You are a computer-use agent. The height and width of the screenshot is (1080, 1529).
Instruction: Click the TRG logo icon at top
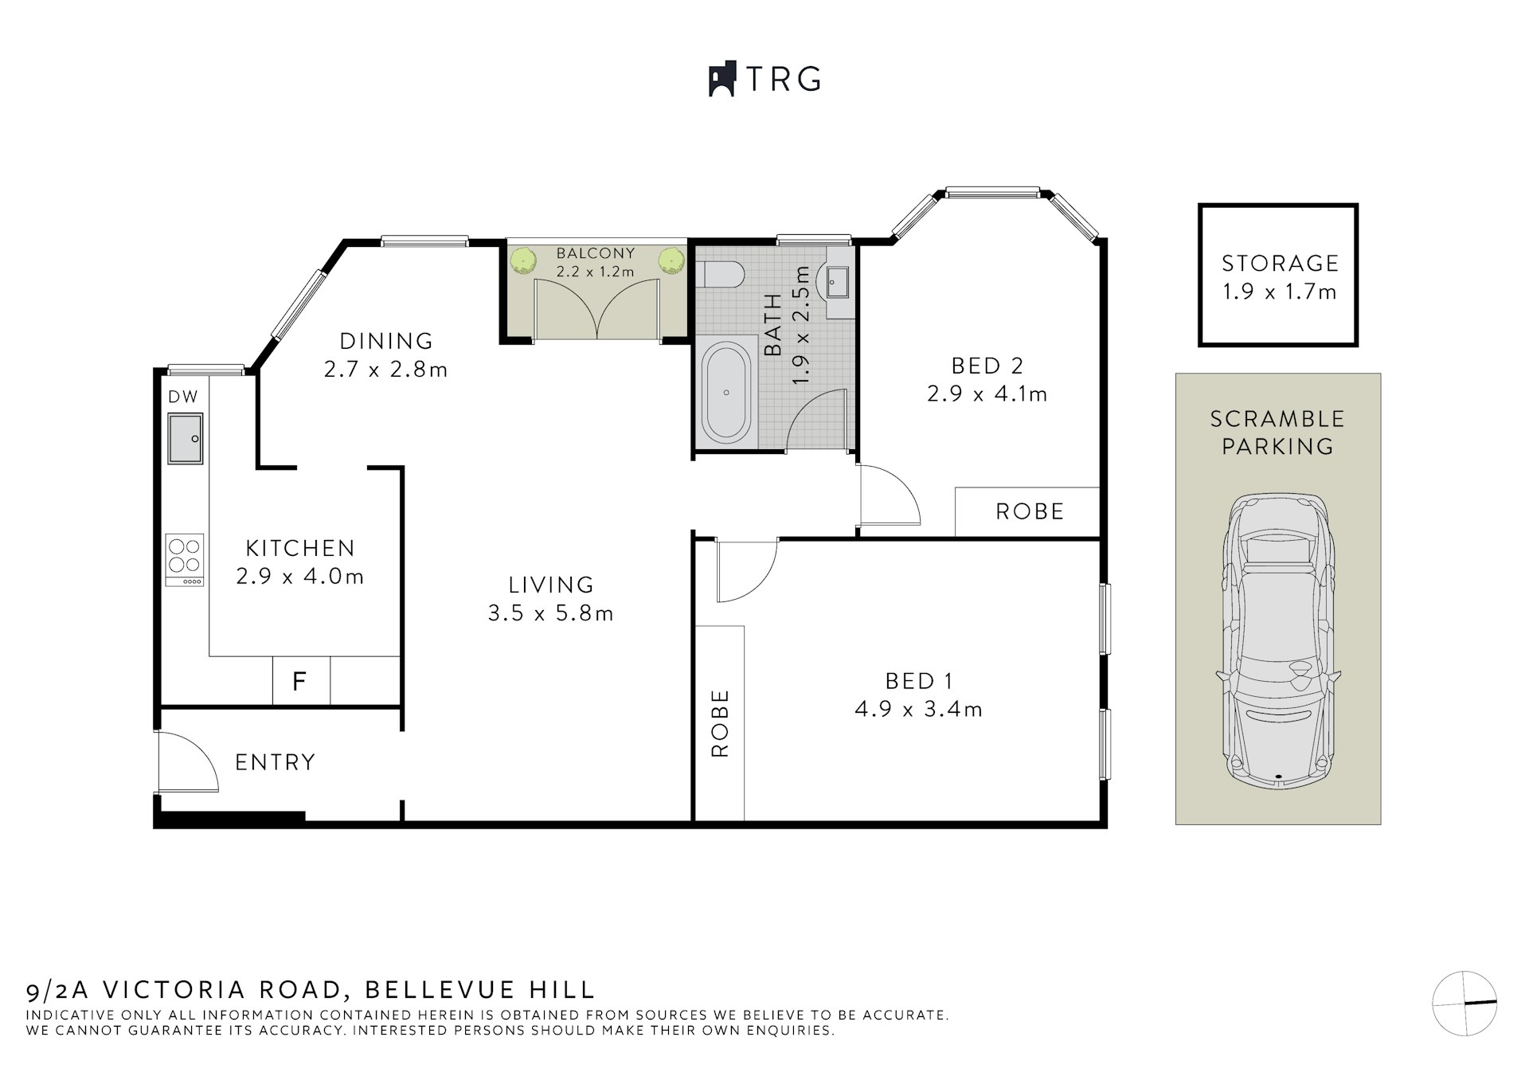(721, 80)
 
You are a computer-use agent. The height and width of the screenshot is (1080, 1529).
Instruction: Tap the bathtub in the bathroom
(725, 392)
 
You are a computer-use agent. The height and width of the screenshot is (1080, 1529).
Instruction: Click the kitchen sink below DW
(185, 438)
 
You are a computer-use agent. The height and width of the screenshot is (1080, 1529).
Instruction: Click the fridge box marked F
(300, 681)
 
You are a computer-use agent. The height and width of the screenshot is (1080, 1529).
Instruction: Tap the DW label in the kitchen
(183, 397)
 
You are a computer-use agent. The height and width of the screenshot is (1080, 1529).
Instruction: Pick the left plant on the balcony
(523, 260)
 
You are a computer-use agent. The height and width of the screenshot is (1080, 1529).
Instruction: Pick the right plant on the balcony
(671, 260)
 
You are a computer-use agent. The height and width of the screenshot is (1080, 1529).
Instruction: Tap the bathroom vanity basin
(837, 280)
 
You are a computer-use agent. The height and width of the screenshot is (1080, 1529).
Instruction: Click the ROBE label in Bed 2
(1029, 511)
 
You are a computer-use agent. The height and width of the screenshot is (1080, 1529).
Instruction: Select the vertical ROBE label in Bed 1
(720, 723)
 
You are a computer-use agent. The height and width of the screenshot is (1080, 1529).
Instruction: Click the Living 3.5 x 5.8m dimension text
(550, 613)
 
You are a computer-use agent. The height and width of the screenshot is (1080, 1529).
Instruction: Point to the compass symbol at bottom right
(1464, 1003)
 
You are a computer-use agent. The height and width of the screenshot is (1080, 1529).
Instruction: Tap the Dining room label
(386, 341)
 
